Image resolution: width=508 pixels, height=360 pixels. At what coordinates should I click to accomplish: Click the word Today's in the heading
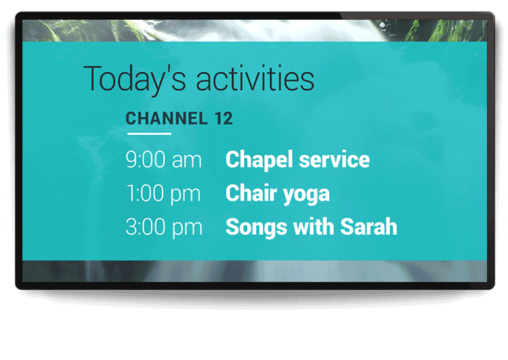(135, 79)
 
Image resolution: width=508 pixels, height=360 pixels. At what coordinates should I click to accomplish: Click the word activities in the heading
(255, 78)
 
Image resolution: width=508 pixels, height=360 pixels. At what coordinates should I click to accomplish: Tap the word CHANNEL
(167, 118)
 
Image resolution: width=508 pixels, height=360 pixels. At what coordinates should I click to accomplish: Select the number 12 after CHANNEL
(224, 118)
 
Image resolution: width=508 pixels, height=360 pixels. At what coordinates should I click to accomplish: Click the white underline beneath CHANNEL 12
(150, 134)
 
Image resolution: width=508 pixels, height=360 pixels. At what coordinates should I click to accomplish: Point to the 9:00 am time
(164, 159)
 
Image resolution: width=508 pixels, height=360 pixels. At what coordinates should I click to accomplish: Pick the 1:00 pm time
(164, 194)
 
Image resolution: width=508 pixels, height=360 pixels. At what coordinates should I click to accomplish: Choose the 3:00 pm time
(164, 227)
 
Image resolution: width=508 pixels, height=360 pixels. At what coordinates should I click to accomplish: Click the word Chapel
(259, 160)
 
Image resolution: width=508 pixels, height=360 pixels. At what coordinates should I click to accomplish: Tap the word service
(334, 159)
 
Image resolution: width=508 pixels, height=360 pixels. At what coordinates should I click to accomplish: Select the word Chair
(251, 193)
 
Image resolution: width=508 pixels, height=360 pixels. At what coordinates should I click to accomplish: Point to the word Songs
(256, 228)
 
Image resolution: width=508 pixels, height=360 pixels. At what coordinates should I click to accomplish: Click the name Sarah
(368, 226)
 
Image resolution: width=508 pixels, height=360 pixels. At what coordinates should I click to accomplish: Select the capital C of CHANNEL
(131, 118)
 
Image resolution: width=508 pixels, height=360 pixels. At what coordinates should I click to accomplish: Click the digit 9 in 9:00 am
(132, 159)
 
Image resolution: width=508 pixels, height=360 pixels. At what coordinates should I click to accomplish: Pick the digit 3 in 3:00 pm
(131, 226)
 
